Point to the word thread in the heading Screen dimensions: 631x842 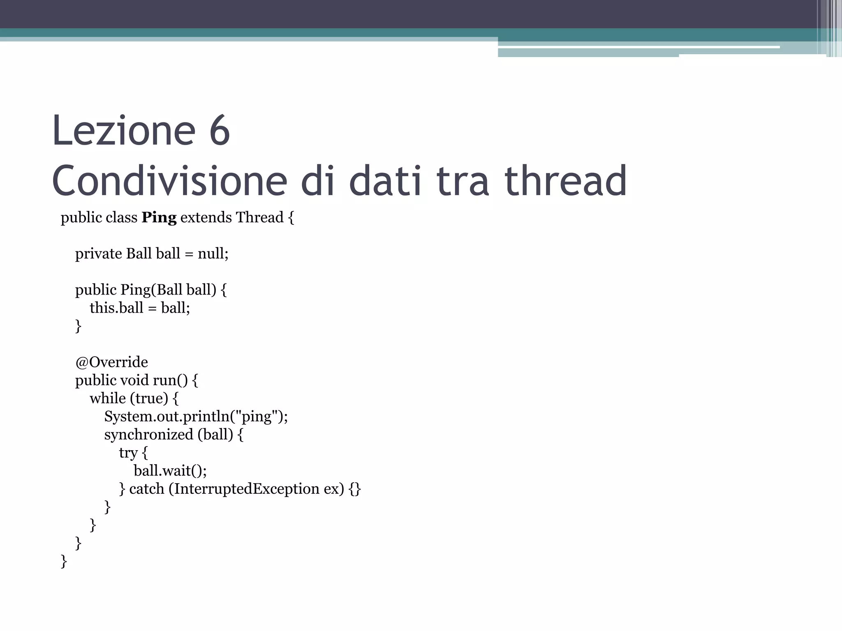pyautogui.click(x=565, y=181)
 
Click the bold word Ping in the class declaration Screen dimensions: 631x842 pyautogui.click(x=159, y=217)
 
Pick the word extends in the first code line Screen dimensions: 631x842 pyautogui.click(x=206, y=217)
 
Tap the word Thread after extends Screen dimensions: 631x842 pyautogui.click(x=259, y=217)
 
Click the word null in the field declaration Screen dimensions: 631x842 pyautogui.click(x=211, y=253)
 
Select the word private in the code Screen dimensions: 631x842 pyautogui.click(x=98, y=253)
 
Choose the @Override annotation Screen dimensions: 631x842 pyautogui.click(x=111, y=362)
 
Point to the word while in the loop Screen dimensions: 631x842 pyautogui.click(x=108, y=398)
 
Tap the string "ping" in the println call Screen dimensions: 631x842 pyautogui.click(x=257, y=416)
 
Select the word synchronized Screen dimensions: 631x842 pyautogui.click(x=148, y=434)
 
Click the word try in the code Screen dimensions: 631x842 pyautogui.click(x=128, y=453)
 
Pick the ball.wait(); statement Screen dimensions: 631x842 pyautogui.click(x=170, y=470)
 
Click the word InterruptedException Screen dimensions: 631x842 pyautogui.click(x=247, y=488)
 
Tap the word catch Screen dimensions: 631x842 pyautogui.click(x=146, y=488)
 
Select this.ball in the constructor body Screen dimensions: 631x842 pyautogui.click(x=116, y=308)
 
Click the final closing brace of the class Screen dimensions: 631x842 pyautogui.click(x=64, y=561)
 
